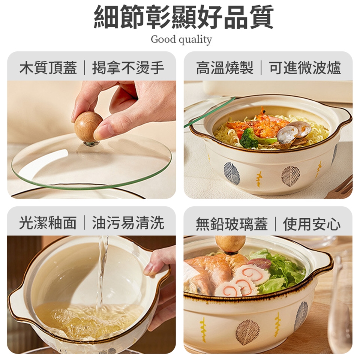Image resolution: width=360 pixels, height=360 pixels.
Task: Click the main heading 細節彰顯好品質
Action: click(184, 17)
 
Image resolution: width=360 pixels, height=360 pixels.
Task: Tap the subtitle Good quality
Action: click(181, 39)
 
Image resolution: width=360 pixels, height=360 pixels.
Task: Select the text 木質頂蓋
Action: click(48, 67)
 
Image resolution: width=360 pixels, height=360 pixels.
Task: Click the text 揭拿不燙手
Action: click(128, 67)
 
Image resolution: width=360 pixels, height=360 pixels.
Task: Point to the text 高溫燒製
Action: click(225, 67)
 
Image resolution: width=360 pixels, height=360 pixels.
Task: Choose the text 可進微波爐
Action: click(305, 67)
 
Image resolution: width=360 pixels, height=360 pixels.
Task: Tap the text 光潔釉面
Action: click(48, 223)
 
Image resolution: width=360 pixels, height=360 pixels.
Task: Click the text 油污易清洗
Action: click(128, 223)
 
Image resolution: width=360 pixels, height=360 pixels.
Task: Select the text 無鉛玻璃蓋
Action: click(232, 224)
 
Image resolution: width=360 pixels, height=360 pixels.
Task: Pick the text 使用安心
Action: click(312, 224)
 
